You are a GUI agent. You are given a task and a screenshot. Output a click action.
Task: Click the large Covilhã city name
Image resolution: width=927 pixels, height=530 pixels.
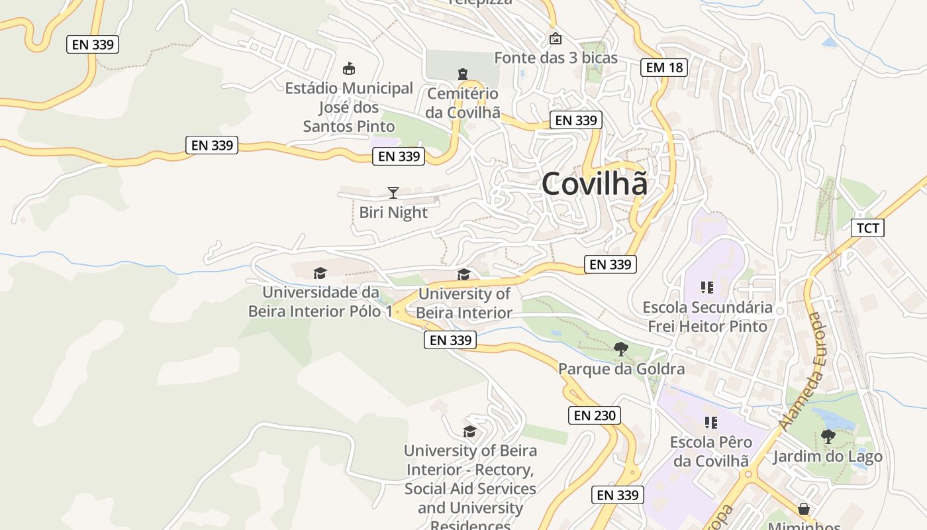(x=594, y=184)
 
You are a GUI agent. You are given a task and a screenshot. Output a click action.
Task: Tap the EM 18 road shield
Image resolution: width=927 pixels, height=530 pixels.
(x=664, y=67)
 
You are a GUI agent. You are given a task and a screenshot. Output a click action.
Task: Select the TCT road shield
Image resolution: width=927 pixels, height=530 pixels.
(x=867, y=229)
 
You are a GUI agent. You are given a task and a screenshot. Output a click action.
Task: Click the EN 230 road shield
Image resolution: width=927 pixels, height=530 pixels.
(x=595, y=415)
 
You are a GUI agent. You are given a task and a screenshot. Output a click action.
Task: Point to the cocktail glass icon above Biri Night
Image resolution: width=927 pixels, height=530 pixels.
(x=393, y=193)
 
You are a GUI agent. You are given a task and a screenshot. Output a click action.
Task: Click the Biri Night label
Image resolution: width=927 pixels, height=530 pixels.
(x=393, y=213)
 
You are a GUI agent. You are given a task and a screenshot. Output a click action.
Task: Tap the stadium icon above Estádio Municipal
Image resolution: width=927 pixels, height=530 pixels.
(x=349, y=68)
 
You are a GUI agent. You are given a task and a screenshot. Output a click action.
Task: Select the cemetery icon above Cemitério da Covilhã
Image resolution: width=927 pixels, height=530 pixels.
(x=463, y=74)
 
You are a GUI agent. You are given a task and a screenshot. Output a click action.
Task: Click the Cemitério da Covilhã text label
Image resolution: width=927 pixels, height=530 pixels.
(x=463, y=103)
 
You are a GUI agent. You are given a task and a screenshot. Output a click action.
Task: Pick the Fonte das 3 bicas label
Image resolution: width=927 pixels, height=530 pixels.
(x=556, y=58)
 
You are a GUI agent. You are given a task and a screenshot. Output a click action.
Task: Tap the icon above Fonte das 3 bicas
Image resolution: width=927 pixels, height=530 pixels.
(x=556, y=38)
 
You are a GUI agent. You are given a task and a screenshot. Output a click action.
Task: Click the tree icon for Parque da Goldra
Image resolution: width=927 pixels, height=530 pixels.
(x=621, y=348)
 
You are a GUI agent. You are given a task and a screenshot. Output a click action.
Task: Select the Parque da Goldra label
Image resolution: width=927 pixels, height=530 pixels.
(x=621, y=368)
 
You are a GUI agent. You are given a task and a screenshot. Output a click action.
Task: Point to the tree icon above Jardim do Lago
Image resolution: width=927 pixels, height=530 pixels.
(x=828, y=436)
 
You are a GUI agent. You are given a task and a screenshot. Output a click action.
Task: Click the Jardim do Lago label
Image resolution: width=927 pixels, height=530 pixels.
(x=828, y=456)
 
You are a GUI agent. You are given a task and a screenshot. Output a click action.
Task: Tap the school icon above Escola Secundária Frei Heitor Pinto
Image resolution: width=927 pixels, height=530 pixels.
(x=707, y=288)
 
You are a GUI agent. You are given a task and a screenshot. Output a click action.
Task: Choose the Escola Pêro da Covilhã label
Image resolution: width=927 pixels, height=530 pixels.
(x=711, y=451)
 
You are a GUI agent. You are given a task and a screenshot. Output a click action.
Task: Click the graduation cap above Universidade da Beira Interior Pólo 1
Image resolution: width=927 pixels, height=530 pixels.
(x=320, y=273)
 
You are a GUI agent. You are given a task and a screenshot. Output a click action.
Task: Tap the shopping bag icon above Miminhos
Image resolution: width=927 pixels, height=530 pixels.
(x=804, y=509)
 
